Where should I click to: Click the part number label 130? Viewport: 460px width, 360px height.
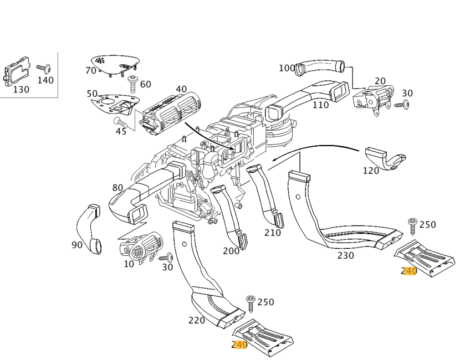tap(21, 89)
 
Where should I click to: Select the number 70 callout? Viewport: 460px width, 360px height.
tap(91, 70)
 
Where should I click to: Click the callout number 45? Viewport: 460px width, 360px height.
tap(121, 131)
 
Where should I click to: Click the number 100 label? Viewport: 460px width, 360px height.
tap(287, 68)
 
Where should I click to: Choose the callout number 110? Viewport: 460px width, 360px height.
tap(320, 104)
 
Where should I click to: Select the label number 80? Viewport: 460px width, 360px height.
tap(117, 188)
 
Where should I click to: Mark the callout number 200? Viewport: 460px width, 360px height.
tap(231, 251)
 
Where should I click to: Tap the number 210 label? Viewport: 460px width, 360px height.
tap(272, 233)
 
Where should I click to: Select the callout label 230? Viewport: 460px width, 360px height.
tap(346, 255)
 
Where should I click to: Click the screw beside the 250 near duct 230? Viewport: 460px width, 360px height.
tap(412, 224)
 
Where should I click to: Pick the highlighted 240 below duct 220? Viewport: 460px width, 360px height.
tap(239, 344)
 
